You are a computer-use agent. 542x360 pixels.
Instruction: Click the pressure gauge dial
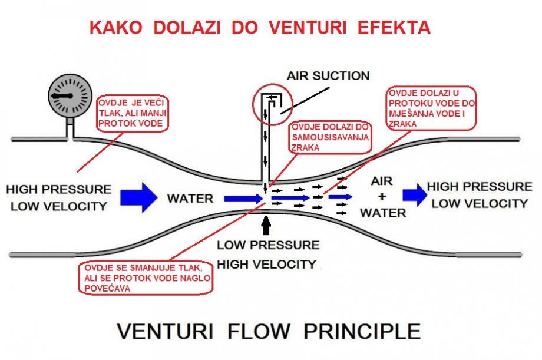click(x=70, y=95)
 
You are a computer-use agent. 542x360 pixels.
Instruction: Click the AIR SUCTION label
click(x=328, y=76)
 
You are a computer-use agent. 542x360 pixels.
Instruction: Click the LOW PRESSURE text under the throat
click(x=268, y=245)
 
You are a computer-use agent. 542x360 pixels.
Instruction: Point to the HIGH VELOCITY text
click(x=266, y=264)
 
